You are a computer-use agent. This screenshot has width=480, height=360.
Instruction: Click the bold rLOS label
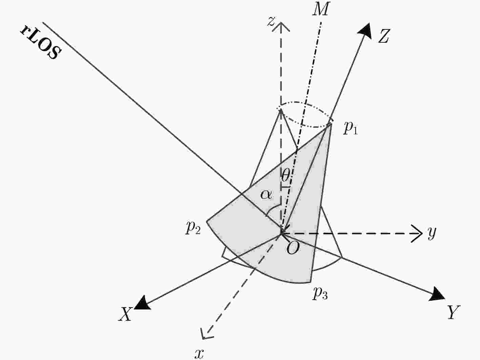point(41,42)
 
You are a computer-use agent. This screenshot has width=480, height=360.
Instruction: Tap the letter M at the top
point(321,9)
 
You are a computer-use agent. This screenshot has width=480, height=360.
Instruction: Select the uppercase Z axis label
point(384,36)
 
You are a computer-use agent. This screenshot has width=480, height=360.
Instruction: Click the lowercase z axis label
point(271,21)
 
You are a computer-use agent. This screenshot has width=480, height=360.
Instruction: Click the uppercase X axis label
point(126,314)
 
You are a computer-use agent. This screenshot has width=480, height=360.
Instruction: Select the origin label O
point(293,248)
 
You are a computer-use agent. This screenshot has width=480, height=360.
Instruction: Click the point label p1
point(351,128)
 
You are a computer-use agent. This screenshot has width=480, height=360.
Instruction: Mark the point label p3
point(320,293)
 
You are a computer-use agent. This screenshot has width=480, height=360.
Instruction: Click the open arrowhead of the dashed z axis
point(281,27)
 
